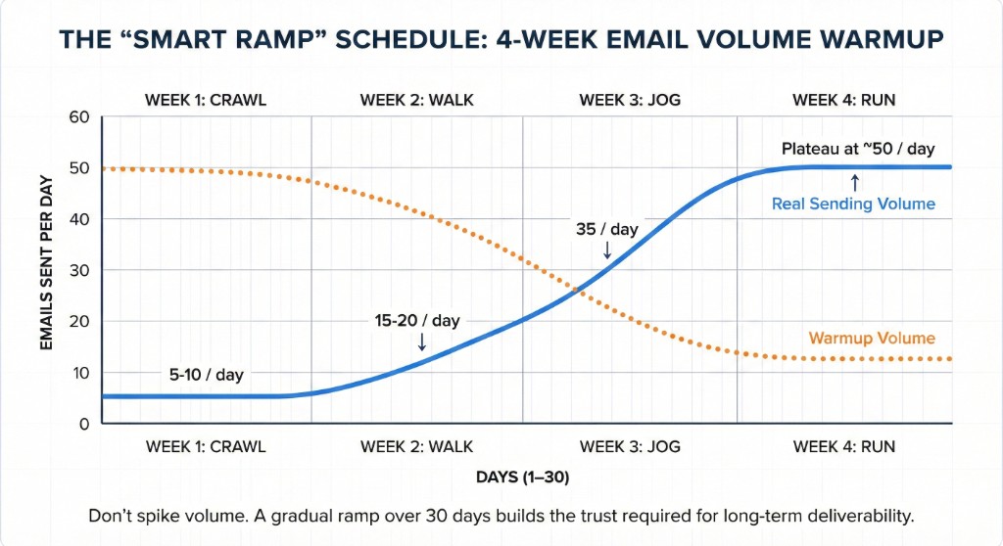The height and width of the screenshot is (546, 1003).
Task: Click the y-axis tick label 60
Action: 78,117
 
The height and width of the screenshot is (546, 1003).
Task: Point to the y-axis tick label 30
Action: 78,270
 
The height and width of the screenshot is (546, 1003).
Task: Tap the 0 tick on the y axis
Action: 83,424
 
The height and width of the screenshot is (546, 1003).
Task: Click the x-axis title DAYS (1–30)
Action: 522,478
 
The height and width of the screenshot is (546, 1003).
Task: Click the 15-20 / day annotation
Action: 416,320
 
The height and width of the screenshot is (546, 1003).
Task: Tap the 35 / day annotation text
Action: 605,229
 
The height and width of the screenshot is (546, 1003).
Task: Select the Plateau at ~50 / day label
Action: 858,149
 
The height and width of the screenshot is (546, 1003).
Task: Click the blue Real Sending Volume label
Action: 853,204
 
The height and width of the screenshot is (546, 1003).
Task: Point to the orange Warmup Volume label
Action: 872,339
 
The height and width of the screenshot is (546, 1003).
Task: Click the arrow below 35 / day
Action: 606,250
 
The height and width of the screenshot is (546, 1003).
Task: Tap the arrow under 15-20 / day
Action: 422,341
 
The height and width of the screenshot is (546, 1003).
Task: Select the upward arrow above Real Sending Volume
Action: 855,182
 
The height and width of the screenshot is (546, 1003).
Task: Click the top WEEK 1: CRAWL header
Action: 206,100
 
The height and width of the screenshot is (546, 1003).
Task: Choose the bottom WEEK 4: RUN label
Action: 843,446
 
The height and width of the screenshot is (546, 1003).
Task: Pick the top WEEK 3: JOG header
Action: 623,100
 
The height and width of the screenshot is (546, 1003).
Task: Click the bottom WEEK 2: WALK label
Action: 416,446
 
